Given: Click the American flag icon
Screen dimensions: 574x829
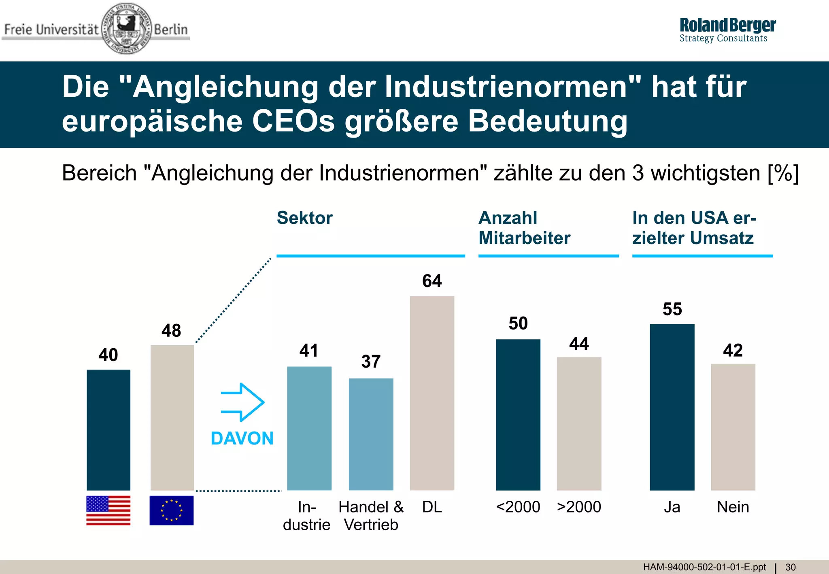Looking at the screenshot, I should coord(108,510).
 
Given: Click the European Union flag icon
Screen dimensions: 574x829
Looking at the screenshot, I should coord(172,510).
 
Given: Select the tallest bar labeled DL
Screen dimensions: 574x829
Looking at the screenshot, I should coord(432,393).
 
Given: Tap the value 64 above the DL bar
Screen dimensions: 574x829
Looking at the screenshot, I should coord(432,281).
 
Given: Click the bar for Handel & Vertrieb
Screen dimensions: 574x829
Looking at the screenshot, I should coord(371,434).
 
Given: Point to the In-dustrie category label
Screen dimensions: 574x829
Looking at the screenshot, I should coord(306,516).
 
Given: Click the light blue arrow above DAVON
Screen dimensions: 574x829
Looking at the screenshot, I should coord(242,402).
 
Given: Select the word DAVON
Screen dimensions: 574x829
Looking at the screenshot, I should coord(242,438).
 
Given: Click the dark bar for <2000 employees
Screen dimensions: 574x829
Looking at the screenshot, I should coord(518,415).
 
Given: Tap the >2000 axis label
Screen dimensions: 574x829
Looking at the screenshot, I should coord(579,507).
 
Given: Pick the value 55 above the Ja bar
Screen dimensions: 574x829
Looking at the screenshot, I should coord(672,309).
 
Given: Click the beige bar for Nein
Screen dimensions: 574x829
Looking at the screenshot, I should coord(733,427).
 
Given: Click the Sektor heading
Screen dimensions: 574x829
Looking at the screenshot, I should coord(304,218).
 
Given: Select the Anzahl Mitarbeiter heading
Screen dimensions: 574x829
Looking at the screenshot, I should coord(524,228).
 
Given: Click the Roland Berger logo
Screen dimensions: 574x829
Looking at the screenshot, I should coord(727,30).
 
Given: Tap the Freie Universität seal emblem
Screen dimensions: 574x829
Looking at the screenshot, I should coord(126,28).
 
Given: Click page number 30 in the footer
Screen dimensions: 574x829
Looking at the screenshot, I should coord(791,567).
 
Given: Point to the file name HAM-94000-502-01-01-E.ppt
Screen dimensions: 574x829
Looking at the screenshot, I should coord(704,567).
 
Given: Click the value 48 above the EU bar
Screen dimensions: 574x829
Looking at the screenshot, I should coord(171,331).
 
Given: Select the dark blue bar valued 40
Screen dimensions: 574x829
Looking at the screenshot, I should coord(108,429).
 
